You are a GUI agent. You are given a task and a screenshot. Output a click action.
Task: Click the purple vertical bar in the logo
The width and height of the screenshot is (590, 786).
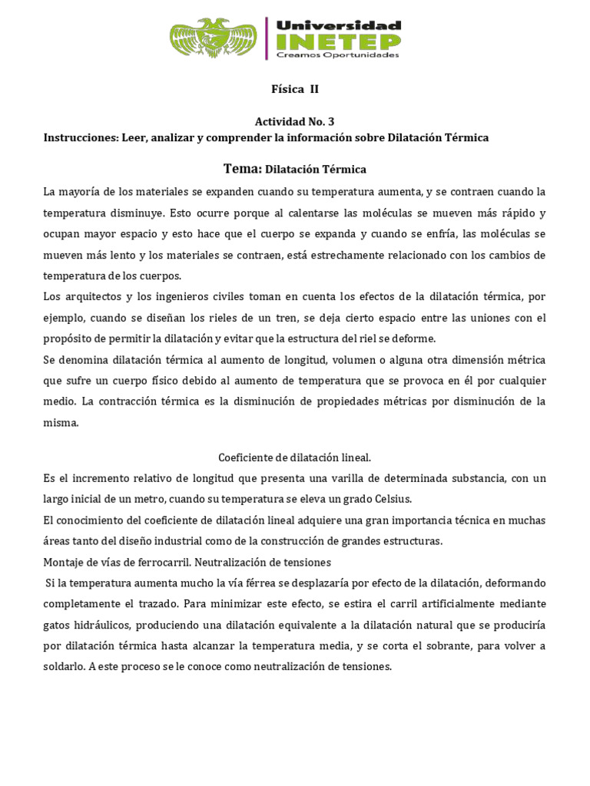[x=267, y=38]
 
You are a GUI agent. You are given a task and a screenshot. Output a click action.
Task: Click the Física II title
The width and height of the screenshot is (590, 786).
[x=295, y=89]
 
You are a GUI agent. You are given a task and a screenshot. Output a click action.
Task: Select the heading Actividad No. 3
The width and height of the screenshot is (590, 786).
[x=295, y=121]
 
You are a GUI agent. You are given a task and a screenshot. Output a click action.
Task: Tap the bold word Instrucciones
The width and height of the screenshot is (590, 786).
[x=80, y=137]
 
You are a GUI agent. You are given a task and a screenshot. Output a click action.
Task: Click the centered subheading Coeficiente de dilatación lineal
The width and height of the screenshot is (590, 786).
[x=295, y=457]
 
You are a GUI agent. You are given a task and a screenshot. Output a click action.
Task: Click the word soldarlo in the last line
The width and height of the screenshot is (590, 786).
[x=64, y=667]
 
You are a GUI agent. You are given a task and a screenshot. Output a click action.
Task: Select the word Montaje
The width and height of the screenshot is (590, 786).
[x=64, y=562]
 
